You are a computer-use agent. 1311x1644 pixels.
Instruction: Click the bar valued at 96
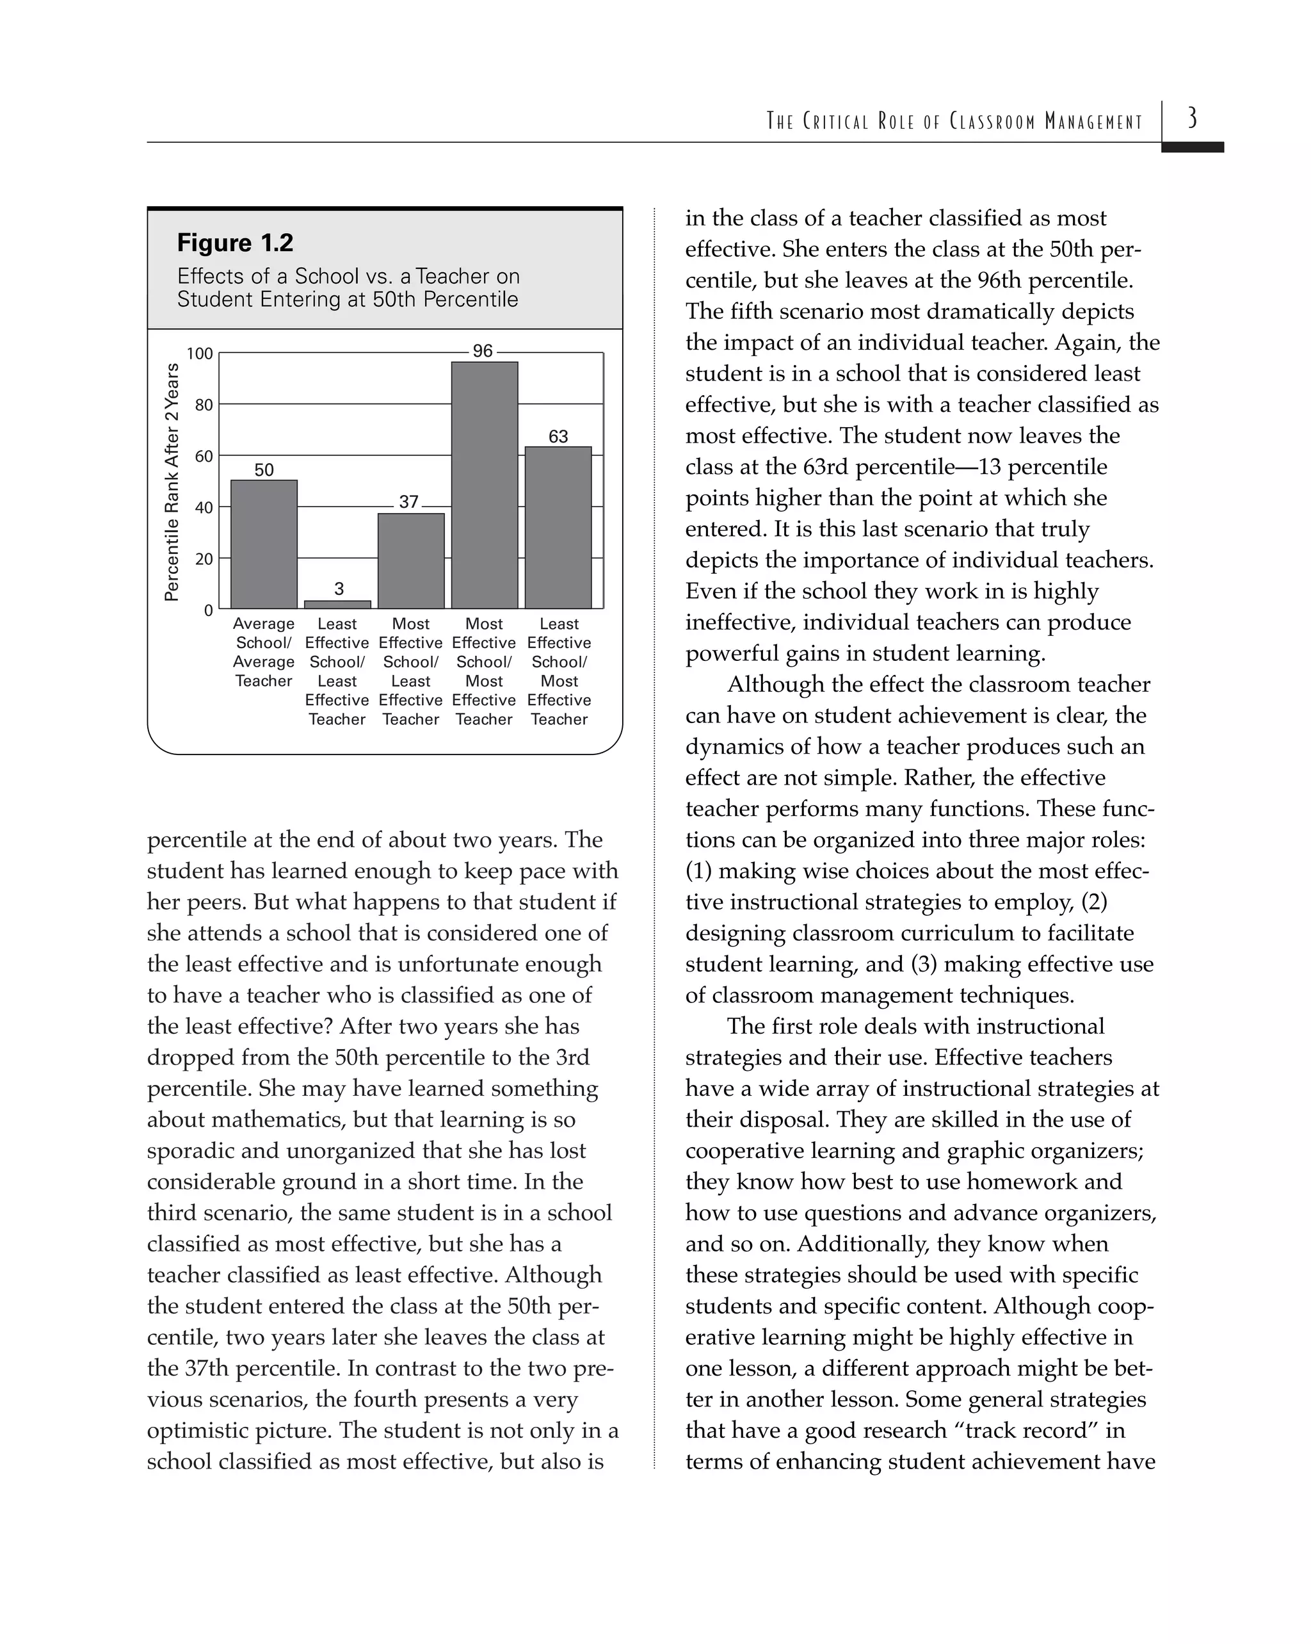(484, 485)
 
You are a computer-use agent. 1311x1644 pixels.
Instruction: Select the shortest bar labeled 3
(337, 605)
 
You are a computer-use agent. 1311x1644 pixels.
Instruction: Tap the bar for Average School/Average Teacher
(264, 544)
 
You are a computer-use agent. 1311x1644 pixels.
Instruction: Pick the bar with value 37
(411, 560)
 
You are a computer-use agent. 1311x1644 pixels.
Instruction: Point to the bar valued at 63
(558, 527)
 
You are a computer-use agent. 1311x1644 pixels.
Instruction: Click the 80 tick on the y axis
(204, 405)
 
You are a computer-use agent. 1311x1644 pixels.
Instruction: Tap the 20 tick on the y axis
(204, 559)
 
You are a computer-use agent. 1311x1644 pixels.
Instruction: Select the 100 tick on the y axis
(200, 354)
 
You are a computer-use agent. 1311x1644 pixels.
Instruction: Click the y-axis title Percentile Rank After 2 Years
(172, 482)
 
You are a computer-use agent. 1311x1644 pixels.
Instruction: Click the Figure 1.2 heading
(235, 243)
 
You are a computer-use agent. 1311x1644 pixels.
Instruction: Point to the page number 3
(1192, 118)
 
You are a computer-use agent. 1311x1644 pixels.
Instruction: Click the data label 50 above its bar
(264, 469)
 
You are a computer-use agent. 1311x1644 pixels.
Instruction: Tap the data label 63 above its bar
(558, 436)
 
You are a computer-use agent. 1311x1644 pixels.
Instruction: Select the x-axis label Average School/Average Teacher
(264, 652)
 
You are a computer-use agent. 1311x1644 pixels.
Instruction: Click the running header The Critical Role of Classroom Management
(954, 121)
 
